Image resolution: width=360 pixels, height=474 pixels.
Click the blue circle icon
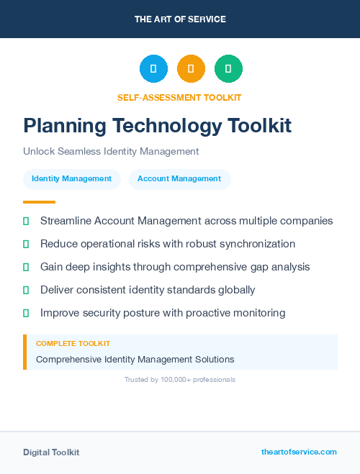153,68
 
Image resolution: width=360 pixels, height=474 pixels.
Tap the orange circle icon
191,68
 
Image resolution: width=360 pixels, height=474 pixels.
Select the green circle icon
228,68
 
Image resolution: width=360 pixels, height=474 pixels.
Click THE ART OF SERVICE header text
180,19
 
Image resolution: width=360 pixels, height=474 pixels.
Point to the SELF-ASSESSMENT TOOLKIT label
179,97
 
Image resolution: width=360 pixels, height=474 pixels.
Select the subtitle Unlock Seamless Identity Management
110,152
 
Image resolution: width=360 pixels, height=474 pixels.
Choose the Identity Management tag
71,178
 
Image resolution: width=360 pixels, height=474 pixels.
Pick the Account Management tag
179,178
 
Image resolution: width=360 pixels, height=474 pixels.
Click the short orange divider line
39,202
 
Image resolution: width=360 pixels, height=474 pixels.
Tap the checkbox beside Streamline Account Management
26,221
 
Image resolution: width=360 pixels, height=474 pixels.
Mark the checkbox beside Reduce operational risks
26,244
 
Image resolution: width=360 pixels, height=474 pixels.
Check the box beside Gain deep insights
26,267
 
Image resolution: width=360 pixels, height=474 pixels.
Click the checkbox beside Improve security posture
26,313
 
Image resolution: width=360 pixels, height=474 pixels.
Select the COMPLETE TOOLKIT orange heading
73,344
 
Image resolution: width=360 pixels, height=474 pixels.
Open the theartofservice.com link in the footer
299,452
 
